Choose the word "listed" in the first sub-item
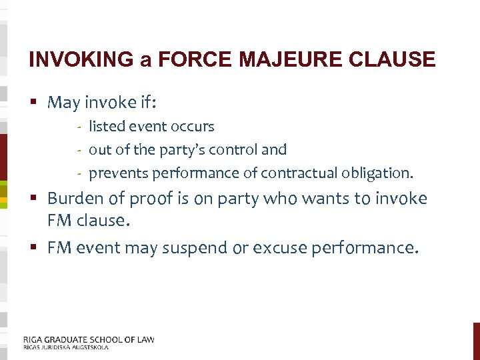click(x=105, y=126)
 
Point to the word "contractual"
click(x=301, y=173)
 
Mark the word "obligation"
click(x=379, y=173)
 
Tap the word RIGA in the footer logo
click(x=35, y=339)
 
